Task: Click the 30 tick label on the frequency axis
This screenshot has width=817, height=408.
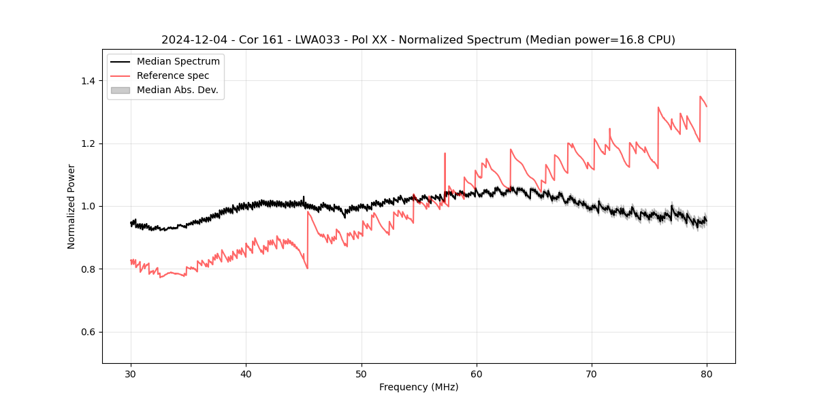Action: (x=131, y=373)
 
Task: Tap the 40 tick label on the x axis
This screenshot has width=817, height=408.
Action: (x=246, y=373)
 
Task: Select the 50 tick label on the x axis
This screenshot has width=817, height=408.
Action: (x=362, y=373)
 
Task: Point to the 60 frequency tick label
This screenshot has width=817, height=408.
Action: (x=477, y=373)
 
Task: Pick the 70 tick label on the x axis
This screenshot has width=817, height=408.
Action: (x=592, y=373)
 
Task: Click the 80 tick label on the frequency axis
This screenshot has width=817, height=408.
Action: (x=707, y=373)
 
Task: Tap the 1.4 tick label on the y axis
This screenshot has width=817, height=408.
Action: (x=88, y=81)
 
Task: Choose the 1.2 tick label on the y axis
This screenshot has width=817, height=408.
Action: (x=88, y=143)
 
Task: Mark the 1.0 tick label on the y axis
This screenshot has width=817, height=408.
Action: (x=88, y=206)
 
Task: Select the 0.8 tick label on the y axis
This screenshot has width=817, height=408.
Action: (x=88, y=269)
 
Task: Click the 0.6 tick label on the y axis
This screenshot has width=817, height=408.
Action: (x=88, y=332)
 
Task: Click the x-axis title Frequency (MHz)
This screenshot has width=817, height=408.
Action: (x=419, y=387)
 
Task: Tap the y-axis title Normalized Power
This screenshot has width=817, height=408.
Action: (x=71, y=206)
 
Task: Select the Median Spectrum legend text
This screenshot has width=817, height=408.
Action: (x=178, y=62)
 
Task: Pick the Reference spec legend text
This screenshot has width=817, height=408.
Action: (x=173, y=75)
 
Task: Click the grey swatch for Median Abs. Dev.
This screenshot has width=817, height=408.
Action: (x=120, y=90)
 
